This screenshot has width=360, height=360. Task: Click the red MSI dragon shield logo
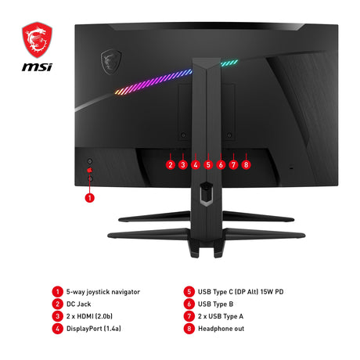coord(37,40)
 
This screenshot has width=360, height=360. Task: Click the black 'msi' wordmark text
coord(37,67)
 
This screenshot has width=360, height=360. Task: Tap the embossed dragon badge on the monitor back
coord(111,62)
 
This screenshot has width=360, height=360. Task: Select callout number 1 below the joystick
coord(90,198)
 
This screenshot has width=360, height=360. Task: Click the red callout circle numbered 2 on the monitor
coord(171,164)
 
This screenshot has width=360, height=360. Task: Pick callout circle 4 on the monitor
coord(196,164)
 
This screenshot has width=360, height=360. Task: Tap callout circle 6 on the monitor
coord(221,164)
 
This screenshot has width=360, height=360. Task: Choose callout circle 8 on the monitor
coord(246,164)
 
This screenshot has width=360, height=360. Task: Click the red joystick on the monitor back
coord(90,171)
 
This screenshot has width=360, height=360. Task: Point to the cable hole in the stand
coord(207,193)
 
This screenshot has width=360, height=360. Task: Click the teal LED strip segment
coord(229,63)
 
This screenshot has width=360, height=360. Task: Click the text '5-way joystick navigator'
coord(103,292)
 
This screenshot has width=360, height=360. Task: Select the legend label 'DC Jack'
coord(78,304)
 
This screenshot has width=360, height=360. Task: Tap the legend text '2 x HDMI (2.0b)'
coord(89,316)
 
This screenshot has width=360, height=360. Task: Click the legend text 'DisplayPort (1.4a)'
coord(94,329)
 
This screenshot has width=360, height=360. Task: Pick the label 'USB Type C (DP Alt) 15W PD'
coord(240,292)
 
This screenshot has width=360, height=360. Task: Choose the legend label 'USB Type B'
coord(215,304)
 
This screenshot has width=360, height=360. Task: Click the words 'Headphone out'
coord(221,329)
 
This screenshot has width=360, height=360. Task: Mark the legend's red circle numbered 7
coord(189,316)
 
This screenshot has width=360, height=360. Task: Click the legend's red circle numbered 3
coord(57,316)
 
